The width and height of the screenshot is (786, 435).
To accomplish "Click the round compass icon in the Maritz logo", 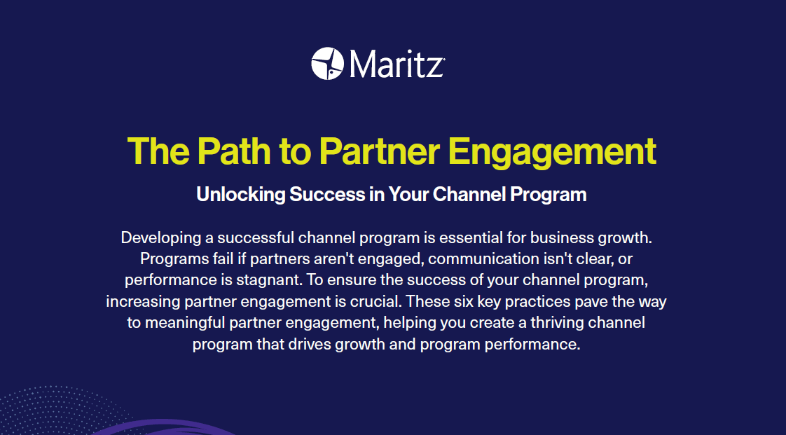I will point(327,64).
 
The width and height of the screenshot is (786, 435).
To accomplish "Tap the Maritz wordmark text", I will point(396,64).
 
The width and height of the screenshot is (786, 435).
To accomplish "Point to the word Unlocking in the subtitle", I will point(240,194).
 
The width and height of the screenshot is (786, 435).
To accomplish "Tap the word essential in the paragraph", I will point(479,237).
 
